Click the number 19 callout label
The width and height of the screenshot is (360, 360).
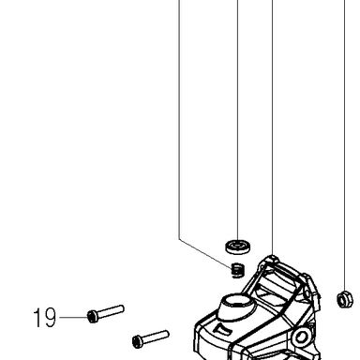[x=45, y=318]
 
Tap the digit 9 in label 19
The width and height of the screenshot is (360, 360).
[x=50, y=318]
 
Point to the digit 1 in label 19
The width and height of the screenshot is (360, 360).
[x=37, y=318]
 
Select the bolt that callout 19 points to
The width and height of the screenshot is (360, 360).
[x=106, y=314]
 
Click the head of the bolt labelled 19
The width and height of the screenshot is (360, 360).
[x=93, y=317]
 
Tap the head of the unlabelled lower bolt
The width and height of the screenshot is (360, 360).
[x=138, y=342]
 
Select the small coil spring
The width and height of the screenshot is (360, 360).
[x=238, y=270]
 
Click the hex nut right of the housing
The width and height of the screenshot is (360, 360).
[x=345, y=299]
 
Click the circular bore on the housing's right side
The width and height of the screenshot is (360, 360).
[x=301, y=337]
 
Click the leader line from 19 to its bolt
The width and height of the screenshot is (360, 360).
[x=73, y=317]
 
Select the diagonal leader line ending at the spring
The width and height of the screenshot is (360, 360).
[x=206, y=254]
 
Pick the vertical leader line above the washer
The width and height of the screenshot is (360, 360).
[x=238, y=120]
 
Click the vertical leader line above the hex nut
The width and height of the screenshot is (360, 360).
[x=345, y=145]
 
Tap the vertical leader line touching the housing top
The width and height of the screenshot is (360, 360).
[x=273, y=127]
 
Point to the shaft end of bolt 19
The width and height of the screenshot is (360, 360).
[x=122, y=309]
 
